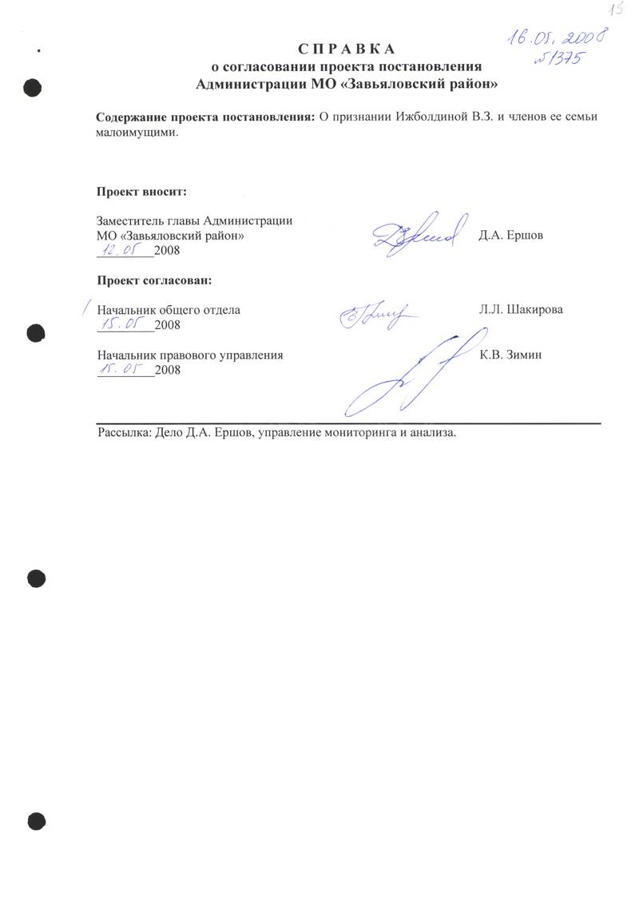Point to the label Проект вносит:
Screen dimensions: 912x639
coord(141,192)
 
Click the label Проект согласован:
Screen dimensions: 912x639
coord(154,280)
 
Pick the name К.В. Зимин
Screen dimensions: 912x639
coord(511,355)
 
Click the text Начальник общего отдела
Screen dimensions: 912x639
coord(168,310)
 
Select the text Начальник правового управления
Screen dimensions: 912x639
coord(189,355)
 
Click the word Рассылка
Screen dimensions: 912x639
coord(121,433)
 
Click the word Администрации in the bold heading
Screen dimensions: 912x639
coord(252,82)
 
